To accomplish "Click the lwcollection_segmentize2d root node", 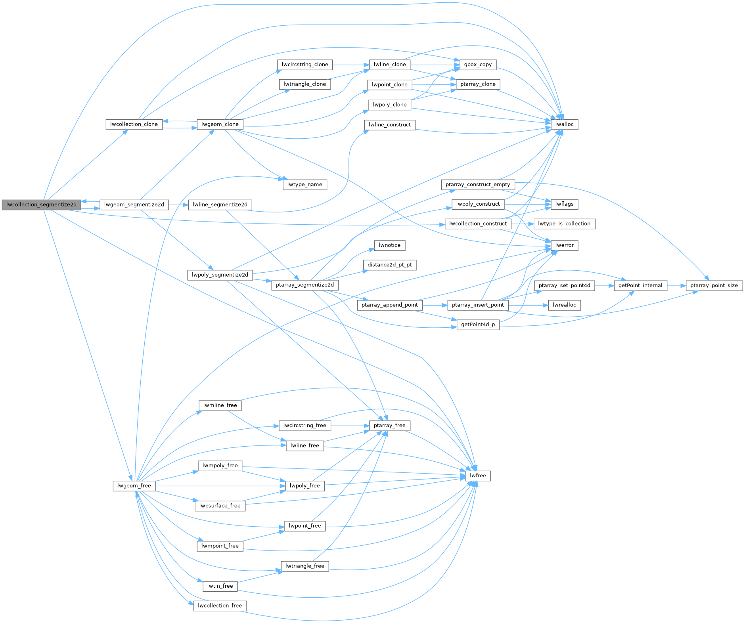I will [x=41, y=204].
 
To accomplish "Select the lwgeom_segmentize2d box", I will [x=134, y=204].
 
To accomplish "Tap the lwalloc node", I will [x=564, y=124].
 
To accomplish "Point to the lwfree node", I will [x=478, y=476].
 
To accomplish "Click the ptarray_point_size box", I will [x=714, y=285].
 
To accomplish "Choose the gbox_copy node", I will [x=478, y=65].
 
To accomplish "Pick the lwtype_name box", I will [x=305, y=184].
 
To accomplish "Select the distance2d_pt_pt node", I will [x=389, y=265].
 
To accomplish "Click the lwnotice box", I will [x=389, y=245].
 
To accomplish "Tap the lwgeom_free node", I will [x=134, y=485].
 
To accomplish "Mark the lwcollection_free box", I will [x=220, y=606].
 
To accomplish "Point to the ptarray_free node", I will [x=389, y=425].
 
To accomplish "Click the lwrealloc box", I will [x=564, y=305].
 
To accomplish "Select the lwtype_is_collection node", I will [x=564, y=224].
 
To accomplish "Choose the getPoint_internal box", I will [x=640, y=285].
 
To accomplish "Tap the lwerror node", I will [x=564, y=245].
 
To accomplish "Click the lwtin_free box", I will [x=220, y=586].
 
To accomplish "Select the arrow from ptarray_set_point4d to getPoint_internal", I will [x=604, y=285].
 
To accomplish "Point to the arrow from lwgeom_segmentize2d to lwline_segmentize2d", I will [x=178, y=205].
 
